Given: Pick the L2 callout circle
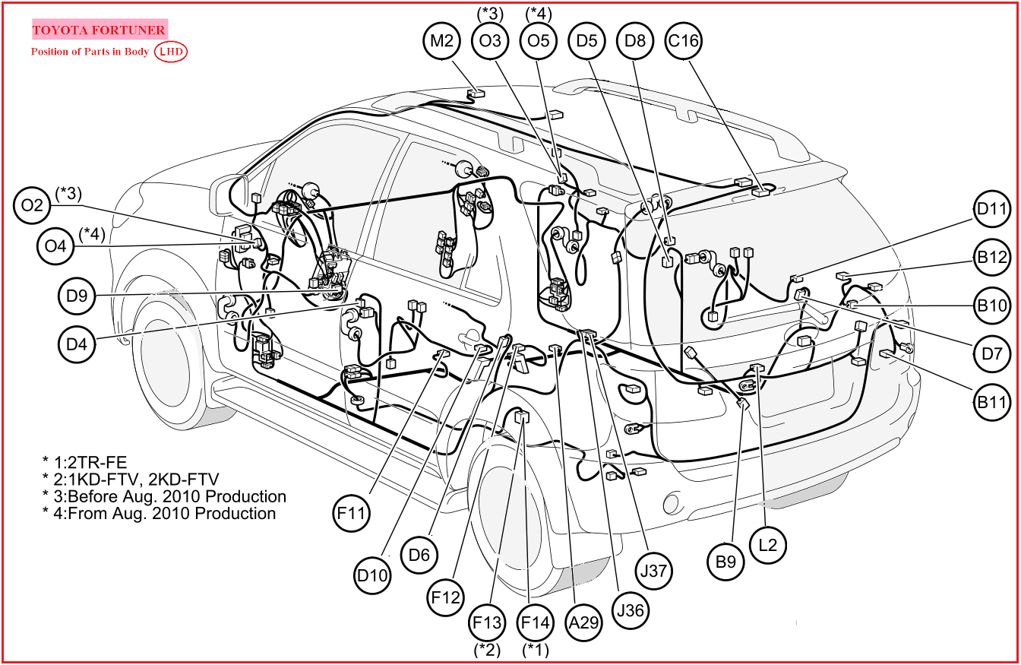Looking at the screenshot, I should point(768,545).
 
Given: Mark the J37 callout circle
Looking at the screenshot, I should point(653,570).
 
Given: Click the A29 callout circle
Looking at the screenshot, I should point(584,623).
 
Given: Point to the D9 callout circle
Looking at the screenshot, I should point(77,296).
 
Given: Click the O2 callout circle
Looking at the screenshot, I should point(33,205).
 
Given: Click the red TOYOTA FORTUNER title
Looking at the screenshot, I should point(99,30).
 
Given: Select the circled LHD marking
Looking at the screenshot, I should point(171,52).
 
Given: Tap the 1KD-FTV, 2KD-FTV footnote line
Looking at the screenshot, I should point(131,479).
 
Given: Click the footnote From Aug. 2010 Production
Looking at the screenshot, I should point(159,514).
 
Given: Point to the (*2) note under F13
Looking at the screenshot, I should point(487,649).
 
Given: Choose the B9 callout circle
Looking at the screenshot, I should point(726,562).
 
